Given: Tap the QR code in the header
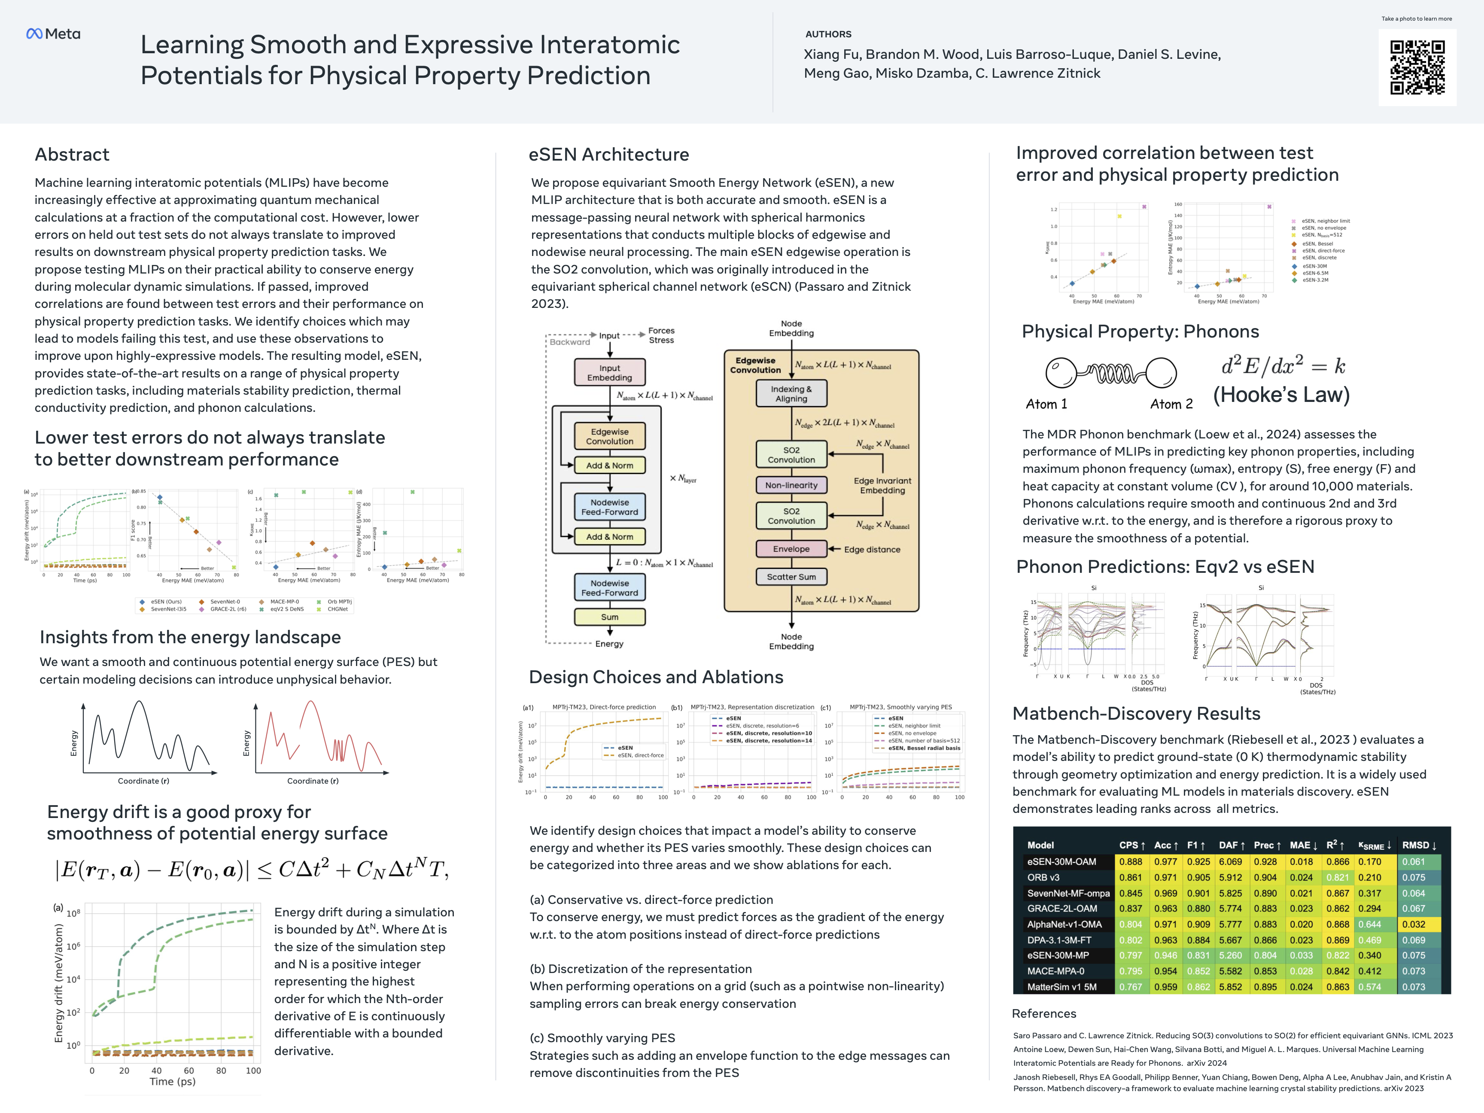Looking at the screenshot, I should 1417,67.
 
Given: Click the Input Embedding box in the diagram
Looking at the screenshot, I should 609,372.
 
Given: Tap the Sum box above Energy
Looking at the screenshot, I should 609,617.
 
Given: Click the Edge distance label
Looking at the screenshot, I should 872,550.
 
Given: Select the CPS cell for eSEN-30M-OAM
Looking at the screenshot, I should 1131,861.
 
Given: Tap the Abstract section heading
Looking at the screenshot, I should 72,154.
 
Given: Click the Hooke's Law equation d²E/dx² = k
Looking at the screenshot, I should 1283,366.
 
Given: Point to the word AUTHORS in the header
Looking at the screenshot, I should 828,34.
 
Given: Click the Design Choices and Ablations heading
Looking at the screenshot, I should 655,677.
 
